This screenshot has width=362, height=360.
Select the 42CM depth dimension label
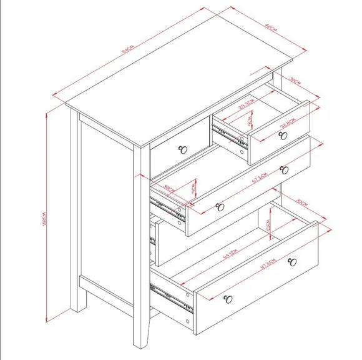(270, 27)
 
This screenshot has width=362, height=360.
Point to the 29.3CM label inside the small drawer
(247, 102)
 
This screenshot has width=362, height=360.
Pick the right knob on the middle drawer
(285, 169)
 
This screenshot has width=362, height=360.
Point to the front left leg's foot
(141, 343)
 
